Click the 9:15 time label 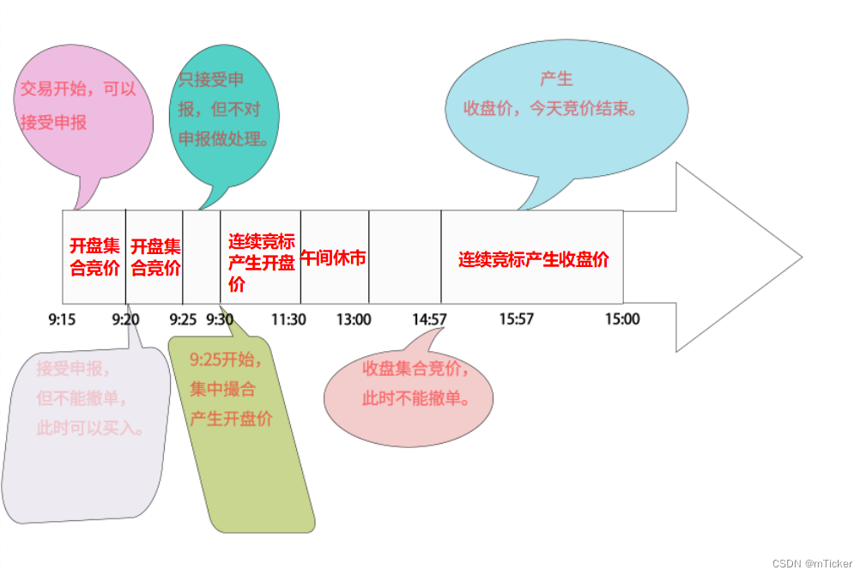pos(62,319)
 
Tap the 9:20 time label pos(125,319)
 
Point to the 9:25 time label pos(183,319)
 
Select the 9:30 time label pos(220,319)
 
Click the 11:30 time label pos(288,319)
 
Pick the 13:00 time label pos(354,319)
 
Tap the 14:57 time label pos(429,319)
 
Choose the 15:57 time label pos(517,319)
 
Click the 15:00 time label pos(622,319)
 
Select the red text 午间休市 pos(334,258)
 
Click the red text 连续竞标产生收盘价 pos(533,259)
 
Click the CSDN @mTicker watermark pos(812,563)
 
